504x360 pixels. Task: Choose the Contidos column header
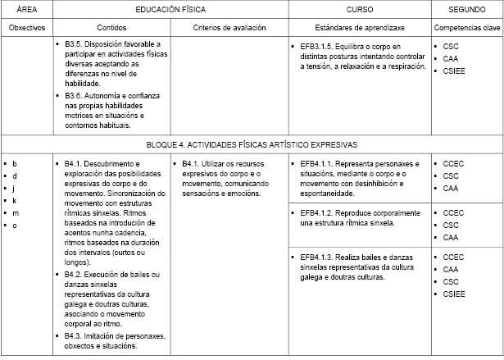[x=111, y=27]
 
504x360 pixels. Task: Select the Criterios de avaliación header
[x=229, y=27]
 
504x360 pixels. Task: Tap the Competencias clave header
[x=467, y=27]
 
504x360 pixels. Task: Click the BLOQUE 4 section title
[x=252, y=144]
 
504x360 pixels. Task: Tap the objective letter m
[x=15, y=212]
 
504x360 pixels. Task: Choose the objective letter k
[x=15, y=200]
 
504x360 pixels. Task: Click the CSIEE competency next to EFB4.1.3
[x=454, y=294]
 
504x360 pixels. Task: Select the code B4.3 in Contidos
[x=74, y=336]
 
